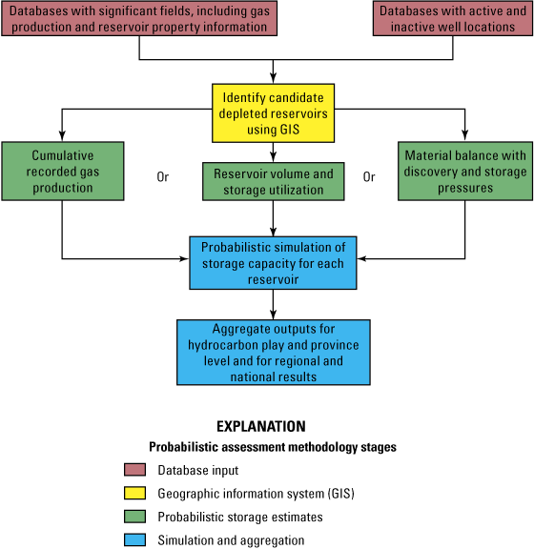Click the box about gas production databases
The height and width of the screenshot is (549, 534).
[x=139, y=19]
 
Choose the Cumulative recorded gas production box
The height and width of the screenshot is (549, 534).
[x=62, y=171]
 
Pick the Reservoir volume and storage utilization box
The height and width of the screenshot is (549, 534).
[x=274, y=181]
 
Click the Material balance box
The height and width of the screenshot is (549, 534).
[x=465, y=171]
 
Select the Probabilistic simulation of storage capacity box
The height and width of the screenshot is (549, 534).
[x=274, y=262]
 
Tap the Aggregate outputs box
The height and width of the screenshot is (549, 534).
[x=274, y=350]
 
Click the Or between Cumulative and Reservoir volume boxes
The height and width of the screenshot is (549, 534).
[x=163, y=176]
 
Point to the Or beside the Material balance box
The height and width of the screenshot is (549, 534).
[x=369, y=176]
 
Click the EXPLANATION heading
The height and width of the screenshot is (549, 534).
[x=261, y=426]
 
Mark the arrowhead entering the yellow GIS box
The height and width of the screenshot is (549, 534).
[x=275, y=78]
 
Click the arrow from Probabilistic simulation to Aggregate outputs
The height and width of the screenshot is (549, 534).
[x=275, y=303]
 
